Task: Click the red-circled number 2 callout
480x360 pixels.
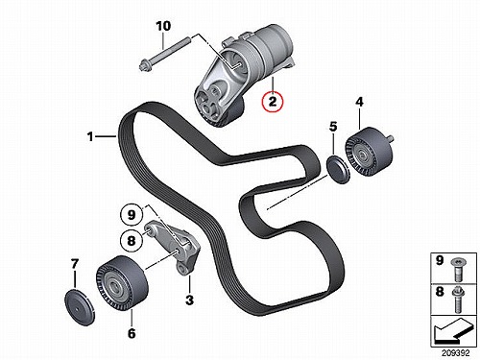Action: (x=273, y=101)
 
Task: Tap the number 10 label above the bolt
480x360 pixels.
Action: (x=163, y=26)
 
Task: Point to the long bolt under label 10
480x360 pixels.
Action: (x=164, y=54)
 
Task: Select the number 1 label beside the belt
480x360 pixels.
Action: (x=90, y=136)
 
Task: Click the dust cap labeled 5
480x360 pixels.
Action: (x=339, y=170)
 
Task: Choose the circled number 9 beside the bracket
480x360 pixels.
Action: (x=132, y=215)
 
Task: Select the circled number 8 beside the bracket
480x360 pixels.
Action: (x=132, y=240)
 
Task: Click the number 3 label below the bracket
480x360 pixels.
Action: (x=189, y=300)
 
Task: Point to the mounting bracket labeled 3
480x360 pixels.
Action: (x=173, y=247)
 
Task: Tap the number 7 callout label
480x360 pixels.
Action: (x=74, y=264)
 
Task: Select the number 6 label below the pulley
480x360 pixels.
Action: (x=132, y=333)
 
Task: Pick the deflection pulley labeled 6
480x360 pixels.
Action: (x=122, y=283)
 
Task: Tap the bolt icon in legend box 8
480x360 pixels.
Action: (x=458, y=300)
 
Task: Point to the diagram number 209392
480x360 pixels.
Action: (x=456, y=353)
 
